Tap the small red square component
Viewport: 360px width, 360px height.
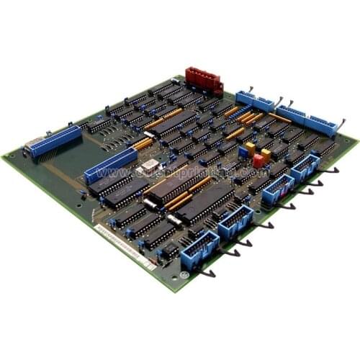coord(258,161)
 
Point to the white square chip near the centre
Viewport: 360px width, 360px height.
coord(150,167)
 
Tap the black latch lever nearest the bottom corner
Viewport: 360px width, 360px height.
coord(211,273)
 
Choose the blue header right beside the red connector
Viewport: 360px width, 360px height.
coord(254,101)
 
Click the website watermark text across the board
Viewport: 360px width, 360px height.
coord(173,171)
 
